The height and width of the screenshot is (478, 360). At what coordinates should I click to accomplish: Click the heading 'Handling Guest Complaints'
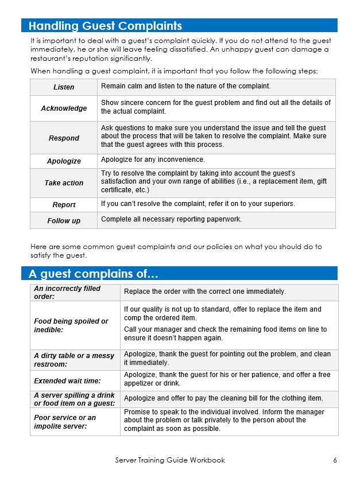pyautogui.click(x=105, y=26)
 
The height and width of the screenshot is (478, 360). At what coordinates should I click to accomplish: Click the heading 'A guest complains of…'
pyautogui.click(x=94, y=274)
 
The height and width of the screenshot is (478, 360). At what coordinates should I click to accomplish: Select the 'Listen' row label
pyautogui.click(x=64, y=87)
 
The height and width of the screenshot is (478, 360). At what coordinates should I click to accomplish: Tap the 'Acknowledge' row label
pyautogui.click(x=64, y=108)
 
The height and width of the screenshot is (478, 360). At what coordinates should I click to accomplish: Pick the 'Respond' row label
pyautogui.click(x=64, y=138)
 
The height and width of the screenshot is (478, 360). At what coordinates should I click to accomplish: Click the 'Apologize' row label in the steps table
pyautogui.click(x=64, y=161)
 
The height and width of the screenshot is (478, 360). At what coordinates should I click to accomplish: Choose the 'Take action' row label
pyautogui.click(x=64, y=183)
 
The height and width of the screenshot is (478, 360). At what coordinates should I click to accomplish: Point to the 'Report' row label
pyautogui.click(x=64, y=205)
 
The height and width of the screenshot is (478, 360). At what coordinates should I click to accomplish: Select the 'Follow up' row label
pyautogui.click(x=64, y=221)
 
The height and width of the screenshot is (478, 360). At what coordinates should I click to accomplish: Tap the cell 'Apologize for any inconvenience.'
pyautogui.click(x=153, y=160)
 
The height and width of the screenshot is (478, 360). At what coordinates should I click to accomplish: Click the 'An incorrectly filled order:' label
pyautogui.click(x=67, y=293)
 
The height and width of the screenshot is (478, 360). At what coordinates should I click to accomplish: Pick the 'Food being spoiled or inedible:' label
pyautogui.click(x=71, y=326)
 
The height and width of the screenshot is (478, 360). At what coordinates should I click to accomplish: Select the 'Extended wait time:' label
pyautogui.click(x=67, y=380)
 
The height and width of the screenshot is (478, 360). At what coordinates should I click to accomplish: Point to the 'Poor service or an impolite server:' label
pyautogui.click(x=65, y=422)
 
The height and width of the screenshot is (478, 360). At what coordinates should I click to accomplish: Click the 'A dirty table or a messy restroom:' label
pyautogui.click(x=73, y=360)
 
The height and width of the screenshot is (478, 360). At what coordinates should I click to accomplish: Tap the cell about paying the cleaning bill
pyautogui.click(x=223, y=398)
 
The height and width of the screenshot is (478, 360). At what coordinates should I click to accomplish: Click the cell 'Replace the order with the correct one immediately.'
pyautogui.click(x=205, y=292)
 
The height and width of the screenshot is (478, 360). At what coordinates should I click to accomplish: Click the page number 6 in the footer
pyautogui.click(x=335, y=460)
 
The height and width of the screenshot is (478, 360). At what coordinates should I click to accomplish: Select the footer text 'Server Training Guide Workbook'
pyautogui.click(x=170, y=460)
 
